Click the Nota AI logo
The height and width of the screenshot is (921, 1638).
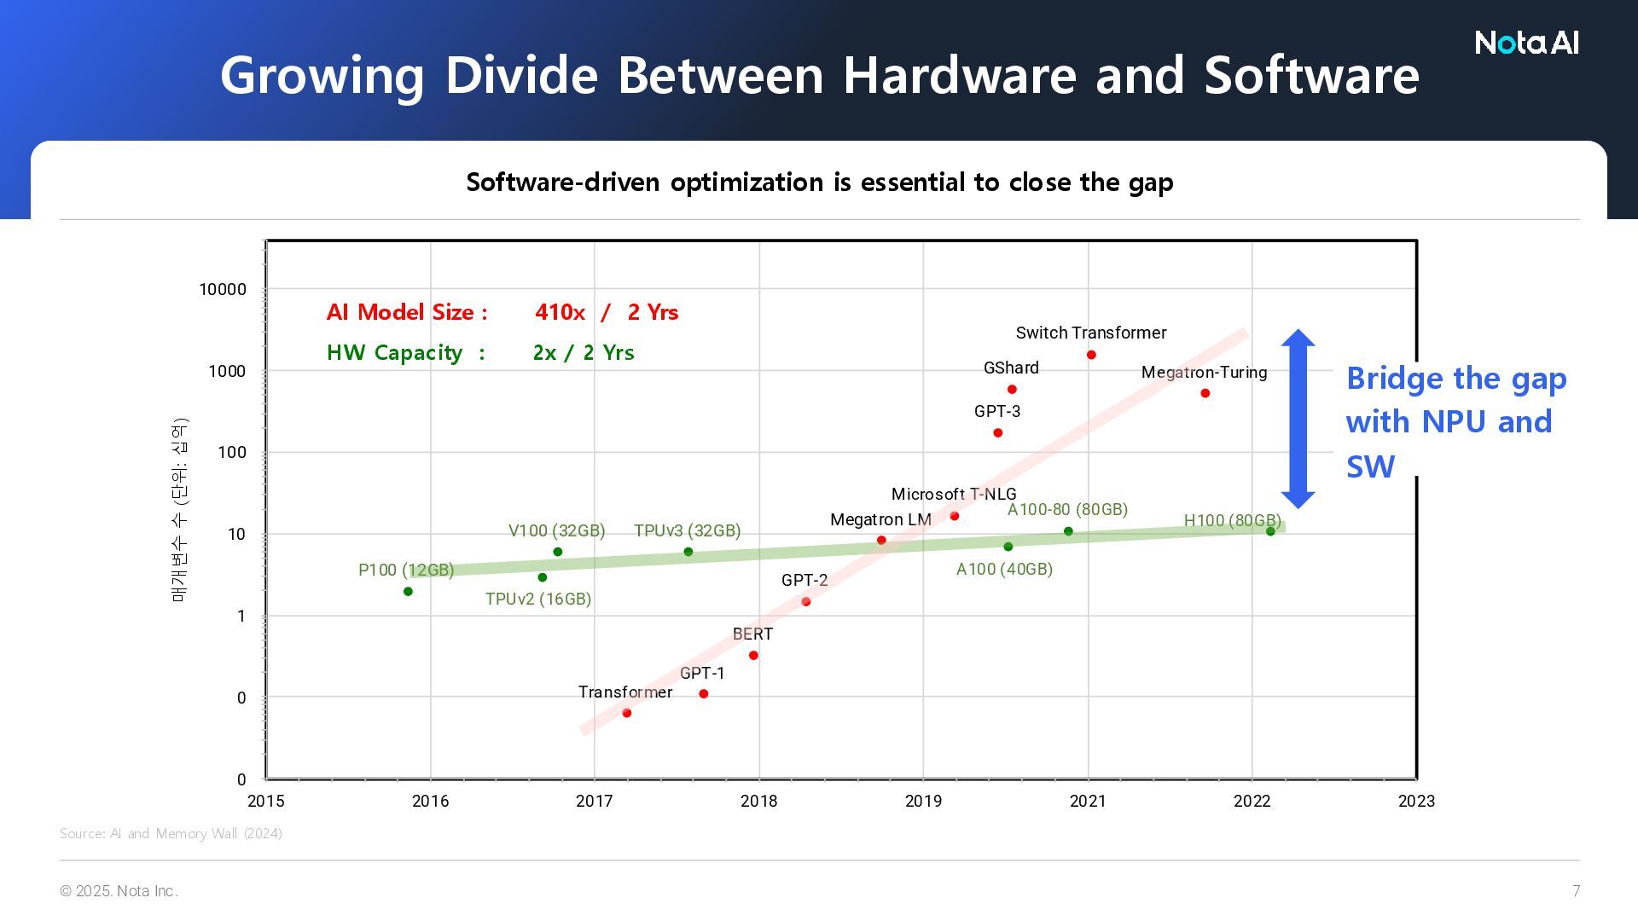tap(1526, 43)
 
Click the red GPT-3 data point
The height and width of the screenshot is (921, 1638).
tap(998, 433)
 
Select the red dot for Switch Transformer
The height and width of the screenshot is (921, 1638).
tap(1091, 355)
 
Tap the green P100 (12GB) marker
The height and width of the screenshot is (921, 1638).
tap(408, 592)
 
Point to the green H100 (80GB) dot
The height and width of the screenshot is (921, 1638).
tap(1270, 531)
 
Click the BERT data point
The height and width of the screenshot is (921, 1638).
tap(753, 656)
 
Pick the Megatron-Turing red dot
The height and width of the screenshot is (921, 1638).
tap(1205, 393)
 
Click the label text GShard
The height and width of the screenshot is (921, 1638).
tap(1011, 368)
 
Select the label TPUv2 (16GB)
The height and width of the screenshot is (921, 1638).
tap(538, 599)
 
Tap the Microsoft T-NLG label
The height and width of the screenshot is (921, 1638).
tap(954, 494)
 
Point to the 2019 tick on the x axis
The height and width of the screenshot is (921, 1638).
tap(923, 801)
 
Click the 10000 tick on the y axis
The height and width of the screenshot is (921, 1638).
tap(223, 289)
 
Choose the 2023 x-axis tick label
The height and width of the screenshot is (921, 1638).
tap(1416, 801)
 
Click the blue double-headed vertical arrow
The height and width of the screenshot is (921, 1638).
tap(1298, 419)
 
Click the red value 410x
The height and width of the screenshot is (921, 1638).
tap(560, 312)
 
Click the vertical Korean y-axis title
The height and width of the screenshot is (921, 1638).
tap(179, 510)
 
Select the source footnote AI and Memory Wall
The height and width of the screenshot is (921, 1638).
tap(171, 833)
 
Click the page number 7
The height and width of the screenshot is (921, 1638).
tap(1576, 891)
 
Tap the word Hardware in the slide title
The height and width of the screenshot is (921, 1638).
tap(960, 75)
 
